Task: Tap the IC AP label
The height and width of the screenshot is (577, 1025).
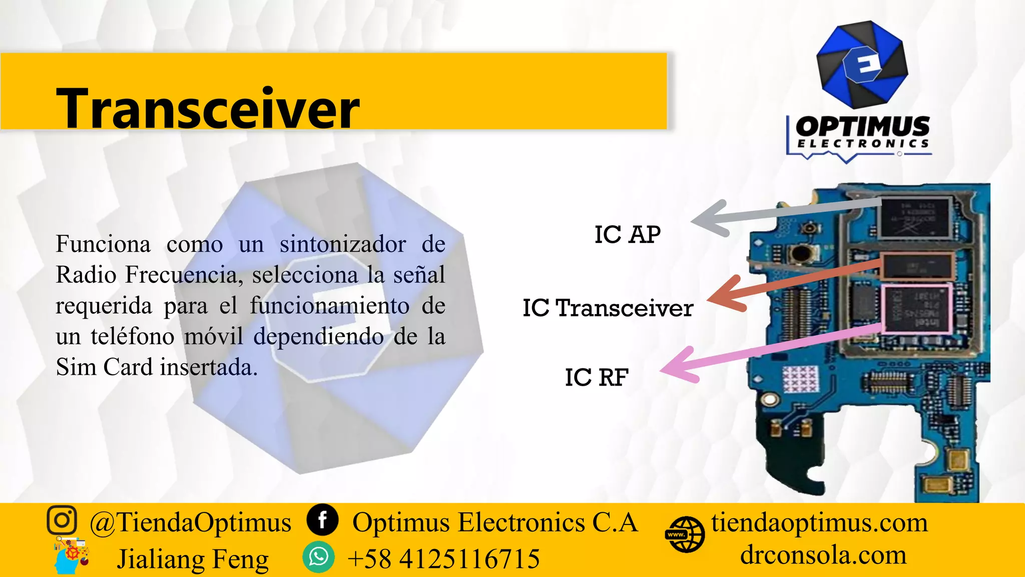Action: point(627,234)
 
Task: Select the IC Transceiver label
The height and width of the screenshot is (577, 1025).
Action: point(608,308)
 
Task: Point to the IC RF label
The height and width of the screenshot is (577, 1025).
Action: point(596,377)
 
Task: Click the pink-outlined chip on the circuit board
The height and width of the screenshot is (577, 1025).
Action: point(916,309)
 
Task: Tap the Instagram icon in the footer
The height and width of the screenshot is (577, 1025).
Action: point(62,520)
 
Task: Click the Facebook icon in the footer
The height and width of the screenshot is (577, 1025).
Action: point(322,520)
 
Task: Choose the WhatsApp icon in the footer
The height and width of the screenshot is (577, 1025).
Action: point(318,557)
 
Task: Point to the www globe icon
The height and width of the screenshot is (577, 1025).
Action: point(685,534)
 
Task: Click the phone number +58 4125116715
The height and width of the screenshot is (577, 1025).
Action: point(443,558)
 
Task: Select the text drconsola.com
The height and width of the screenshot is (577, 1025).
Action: point(823,555)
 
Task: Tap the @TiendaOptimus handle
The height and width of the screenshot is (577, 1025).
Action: point(190,522)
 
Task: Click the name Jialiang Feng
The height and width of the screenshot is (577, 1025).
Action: point(193,559)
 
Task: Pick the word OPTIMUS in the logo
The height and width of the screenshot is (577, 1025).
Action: point(862,126)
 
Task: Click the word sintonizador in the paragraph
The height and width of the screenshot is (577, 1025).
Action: point(342,244)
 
